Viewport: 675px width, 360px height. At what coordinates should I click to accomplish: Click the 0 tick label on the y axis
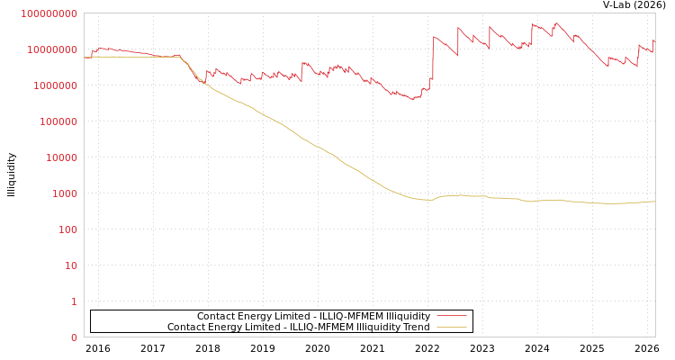74,337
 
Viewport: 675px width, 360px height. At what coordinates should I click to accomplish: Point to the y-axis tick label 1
74,301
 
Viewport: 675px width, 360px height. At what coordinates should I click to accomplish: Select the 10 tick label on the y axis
71,265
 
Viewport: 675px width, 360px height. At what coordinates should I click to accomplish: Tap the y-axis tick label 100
68,229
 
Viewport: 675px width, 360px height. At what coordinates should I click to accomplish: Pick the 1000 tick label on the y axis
66,193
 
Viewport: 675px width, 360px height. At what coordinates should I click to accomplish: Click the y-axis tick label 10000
63,157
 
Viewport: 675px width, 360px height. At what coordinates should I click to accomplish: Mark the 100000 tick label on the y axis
60,121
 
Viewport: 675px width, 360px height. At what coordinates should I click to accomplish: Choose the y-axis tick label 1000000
58,85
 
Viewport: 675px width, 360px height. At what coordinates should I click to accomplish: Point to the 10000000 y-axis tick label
55,49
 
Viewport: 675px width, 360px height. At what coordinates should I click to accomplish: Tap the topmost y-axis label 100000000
49,13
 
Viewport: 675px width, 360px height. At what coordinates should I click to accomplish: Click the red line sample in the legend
450,316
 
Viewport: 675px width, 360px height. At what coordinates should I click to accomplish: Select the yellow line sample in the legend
450,327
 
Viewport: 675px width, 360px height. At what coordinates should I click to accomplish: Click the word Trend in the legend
415,327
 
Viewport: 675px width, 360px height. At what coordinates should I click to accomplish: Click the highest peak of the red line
556,22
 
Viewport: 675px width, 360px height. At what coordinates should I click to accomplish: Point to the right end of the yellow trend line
654,202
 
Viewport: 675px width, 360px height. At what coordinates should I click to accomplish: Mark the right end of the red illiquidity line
654,40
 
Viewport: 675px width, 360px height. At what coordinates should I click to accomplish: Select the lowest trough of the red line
412,99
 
